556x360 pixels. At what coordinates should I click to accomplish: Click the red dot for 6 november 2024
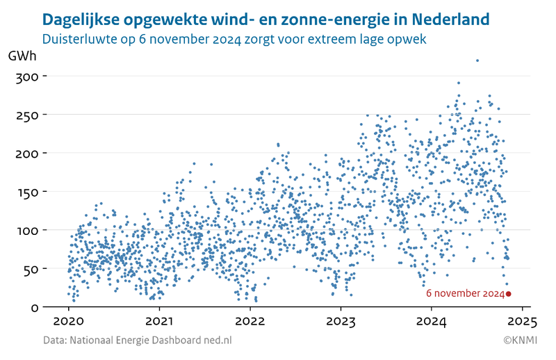[x=509, y=294]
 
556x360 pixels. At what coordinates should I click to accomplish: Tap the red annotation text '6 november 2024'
[x=465, y=294]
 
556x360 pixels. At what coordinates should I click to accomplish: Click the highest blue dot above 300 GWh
[x=477, y=60]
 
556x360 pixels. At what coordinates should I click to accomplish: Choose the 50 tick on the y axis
[x=29, y=269]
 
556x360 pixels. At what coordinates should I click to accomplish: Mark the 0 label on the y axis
[x=33, y=307]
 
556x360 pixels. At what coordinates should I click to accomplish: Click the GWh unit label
[x=22, y=56]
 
